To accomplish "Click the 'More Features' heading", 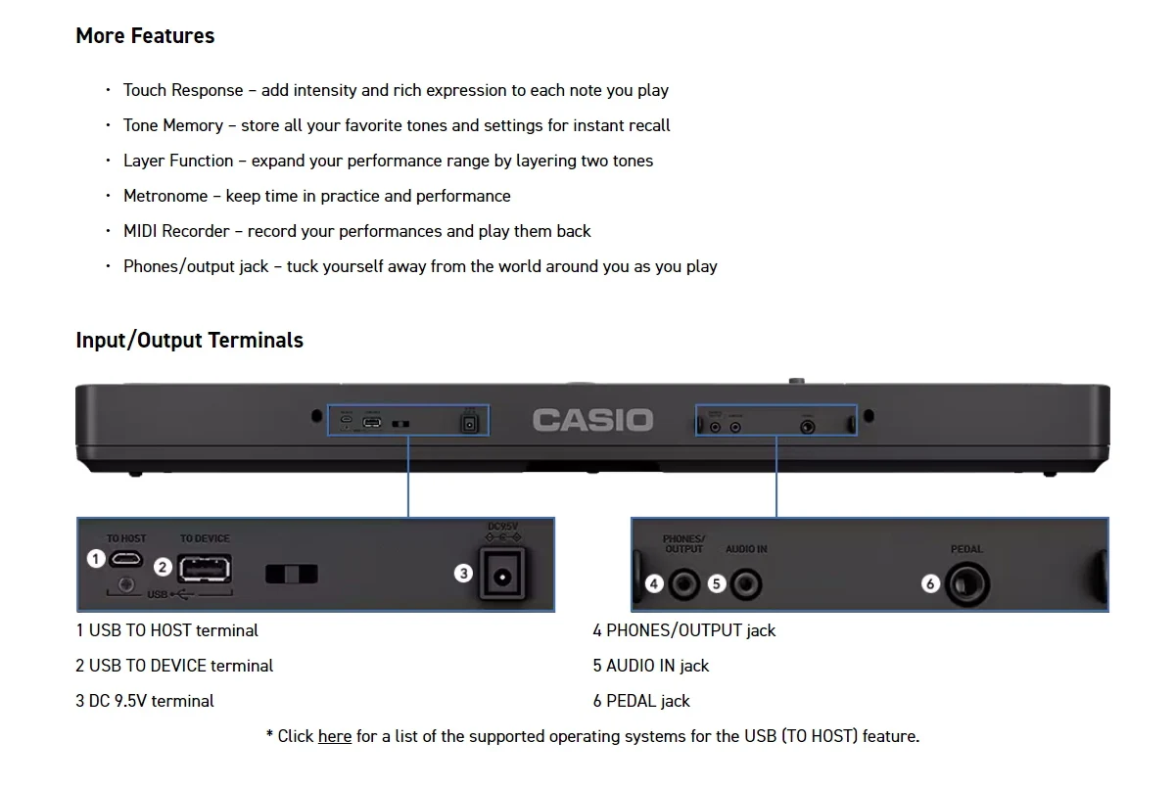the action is (x=145, y=36).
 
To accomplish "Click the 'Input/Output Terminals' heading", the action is (x=189, y=341).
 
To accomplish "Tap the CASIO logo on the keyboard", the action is (x=592, y=421).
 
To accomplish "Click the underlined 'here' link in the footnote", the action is (x=334, y=736).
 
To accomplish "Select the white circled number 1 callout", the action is (x=96, y=559).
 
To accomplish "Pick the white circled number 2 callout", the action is (x=164, y=567).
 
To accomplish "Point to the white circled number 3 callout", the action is (x=464, y=574).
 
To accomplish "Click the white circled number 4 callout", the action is (x=654, y=584).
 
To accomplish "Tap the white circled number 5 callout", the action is (x=717, y=584).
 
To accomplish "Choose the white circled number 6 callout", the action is (x=930, y=584).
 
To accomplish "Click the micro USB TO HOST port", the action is (x=126, y=559).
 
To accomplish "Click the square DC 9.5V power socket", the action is (x=502, y=576).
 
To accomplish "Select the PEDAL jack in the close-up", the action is (x=967, y=585).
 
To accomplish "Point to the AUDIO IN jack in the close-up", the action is (x=746, y=585).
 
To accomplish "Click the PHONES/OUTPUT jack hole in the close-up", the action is (x=683, y=585).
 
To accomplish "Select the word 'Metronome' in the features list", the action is (x=165, y=196).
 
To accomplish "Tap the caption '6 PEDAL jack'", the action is (x=641, y=701).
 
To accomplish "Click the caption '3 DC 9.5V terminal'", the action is (x=145, y=701).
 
